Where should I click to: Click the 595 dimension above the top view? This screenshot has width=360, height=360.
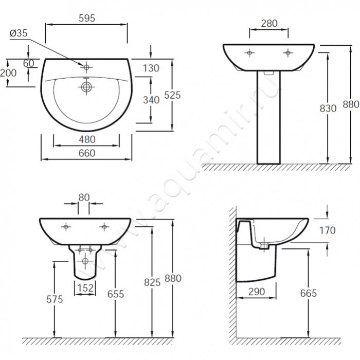[x=86, y=16]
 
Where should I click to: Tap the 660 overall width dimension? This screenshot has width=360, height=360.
[x=86, y=153]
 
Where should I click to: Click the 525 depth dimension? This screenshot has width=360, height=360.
[x=173, y=94]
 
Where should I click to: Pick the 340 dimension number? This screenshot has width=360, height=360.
[x=152, y=100]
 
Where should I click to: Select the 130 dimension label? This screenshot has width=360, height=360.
[x=152, y=68]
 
